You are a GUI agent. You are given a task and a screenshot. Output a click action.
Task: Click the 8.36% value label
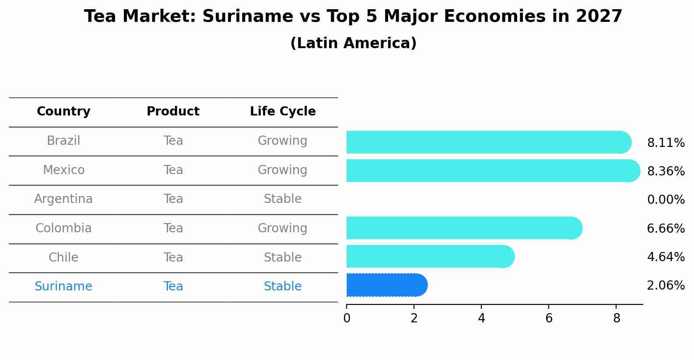pyautogui.click(x=666, y=171)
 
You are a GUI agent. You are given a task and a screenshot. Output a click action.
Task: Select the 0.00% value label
pyautogui.click(x=666, y=200)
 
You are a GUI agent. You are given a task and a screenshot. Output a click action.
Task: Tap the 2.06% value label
pyautogui.click(x=666, y=286)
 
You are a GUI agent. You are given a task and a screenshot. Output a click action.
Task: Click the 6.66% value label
pyautogui.click(x=666, y=228)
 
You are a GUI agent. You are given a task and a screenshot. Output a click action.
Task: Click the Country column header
pyautogui.click(x=63, y=112)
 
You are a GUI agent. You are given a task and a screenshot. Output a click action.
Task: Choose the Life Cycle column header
pyautogui.click(x=283, y=112)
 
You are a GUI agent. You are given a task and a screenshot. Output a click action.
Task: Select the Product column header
pyautogui.click(x=173, y=112)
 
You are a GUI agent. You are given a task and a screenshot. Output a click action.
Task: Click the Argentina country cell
pyautogui.click(x=63, y=199)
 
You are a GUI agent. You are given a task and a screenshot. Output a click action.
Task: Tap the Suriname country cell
pyautogui.click(x=63, y=287)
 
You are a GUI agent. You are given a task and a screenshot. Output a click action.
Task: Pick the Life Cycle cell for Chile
pyautogui.click(x=283, y=257)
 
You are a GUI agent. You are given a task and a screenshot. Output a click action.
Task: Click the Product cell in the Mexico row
pyautogui.click(x=173, y=170)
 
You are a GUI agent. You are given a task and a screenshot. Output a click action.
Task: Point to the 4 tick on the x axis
pyautogui.click(x=481, y=318)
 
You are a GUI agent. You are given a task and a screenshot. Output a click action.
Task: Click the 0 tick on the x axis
pyautogui.click(x=347, y=318)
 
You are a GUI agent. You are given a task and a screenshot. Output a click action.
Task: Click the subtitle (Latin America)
pyautogui.click(x=353, y=43)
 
